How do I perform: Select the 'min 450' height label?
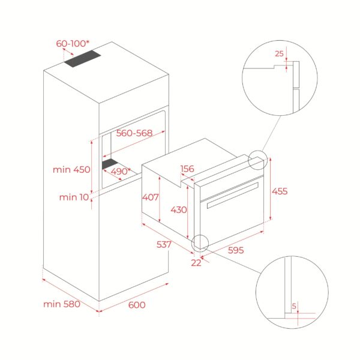(x=70, y=169)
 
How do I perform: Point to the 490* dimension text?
(x=120, y=171)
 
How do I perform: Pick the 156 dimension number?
(x=187, y=169)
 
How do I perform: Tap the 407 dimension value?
(x=150, y=196)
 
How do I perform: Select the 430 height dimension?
(x=179, y=209)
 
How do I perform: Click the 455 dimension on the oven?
(x=280, y=191)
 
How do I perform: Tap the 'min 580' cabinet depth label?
(x=62, y=304)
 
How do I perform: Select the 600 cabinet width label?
(x=137, y=305)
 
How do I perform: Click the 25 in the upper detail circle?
(x=278, y=53)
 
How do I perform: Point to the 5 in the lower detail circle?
(x=293, y=305)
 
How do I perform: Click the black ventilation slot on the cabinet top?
(x=83, y=59)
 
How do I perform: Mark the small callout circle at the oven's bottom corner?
(x=200, y=243)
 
